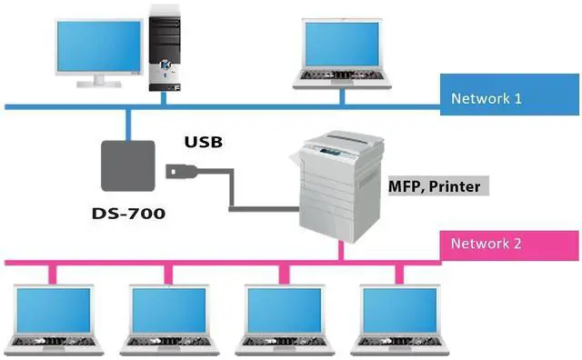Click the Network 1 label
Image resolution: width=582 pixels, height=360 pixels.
tap(486, 97)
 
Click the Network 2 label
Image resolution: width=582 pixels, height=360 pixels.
tap(486, 244)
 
